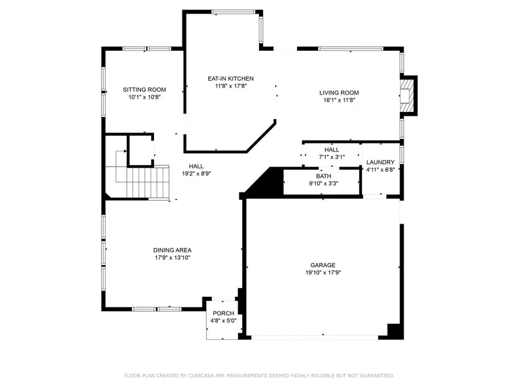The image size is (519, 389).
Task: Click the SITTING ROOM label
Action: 144,90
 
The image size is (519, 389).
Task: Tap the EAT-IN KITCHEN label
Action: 231,79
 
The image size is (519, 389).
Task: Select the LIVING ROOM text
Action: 339,93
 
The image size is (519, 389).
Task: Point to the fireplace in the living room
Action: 408,95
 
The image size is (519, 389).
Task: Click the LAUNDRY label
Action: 381,163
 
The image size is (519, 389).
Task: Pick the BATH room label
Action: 323,176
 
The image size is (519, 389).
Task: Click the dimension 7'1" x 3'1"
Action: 332,157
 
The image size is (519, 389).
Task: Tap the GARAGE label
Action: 323,265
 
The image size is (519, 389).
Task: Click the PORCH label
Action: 223,314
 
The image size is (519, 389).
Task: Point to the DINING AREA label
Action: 172,250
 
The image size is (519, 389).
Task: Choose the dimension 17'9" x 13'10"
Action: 172,258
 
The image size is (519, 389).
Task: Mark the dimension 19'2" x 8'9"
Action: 197,173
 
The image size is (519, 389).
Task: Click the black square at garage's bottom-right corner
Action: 395,331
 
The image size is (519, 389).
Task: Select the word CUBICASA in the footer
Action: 210,376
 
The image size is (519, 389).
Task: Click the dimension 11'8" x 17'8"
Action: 231,86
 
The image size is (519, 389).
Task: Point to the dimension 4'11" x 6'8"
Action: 381,170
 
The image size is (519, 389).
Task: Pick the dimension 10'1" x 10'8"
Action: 144,97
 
